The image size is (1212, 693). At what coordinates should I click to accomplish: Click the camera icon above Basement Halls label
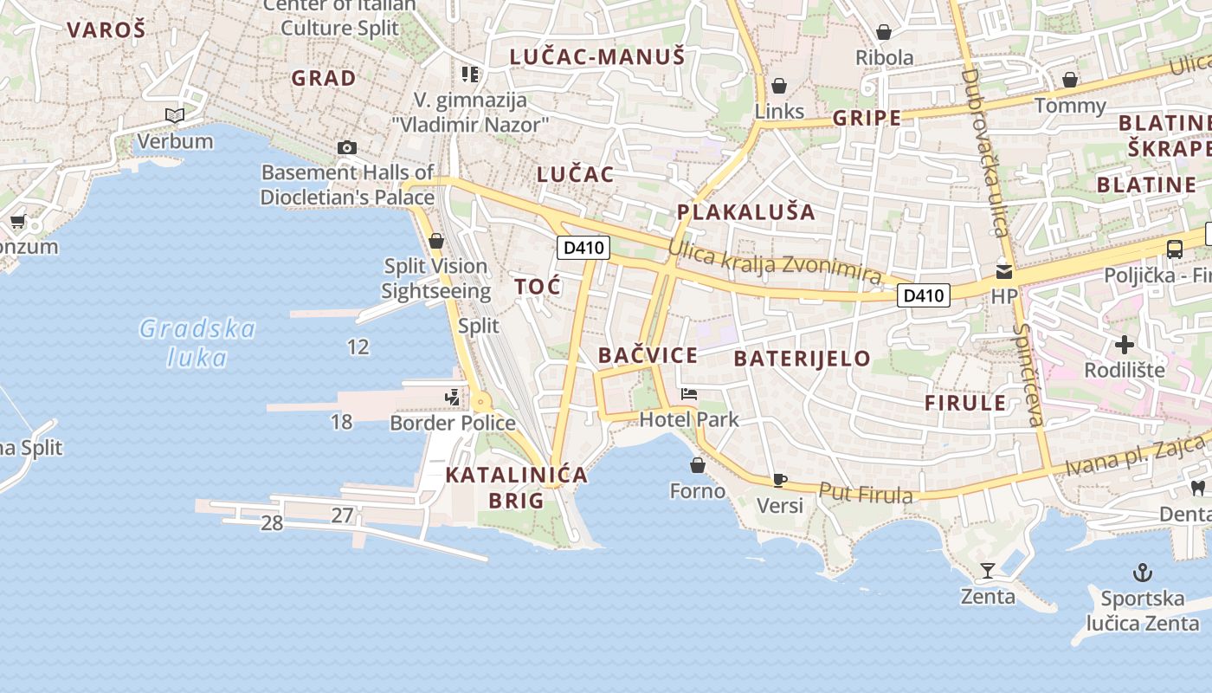point(347,147)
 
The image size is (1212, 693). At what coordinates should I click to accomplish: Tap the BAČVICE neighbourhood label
point(648,355)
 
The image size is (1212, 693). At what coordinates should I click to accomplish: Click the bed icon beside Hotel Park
point(689,395)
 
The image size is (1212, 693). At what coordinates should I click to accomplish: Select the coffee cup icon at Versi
point(779,480)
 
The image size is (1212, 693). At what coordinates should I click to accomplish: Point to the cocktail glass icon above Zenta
point(987,571)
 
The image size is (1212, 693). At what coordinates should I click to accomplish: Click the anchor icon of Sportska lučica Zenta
point(1143,573)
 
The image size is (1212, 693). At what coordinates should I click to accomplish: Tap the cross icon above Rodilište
point(1124,345)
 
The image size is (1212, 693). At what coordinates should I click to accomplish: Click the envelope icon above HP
point(1004,270)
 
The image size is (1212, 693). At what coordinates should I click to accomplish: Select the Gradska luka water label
point(198,343)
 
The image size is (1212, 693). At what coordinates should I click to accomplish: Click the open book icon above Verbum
point(175,115)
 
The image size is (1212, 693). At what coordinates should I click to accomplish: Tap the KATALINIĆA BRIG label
point(517,487)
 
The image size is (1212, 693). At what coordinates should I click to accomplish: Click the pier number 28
point(272,523)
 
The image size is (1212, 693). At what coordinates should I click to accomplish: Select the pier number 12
point(358,347)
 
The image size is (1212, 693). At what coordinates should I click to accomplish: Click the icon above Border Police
point(452,398)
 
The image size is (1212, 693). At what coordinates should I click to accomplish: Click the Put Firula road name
point(866,494)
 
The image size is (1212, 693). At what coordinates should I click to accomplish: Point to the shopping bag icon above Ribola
point(884,33)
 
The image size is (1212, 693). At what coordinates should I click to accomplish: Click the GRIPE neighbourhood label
point(867,119)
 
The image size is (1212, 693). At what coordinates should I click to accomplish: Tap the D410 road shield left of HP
point(923,295)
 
